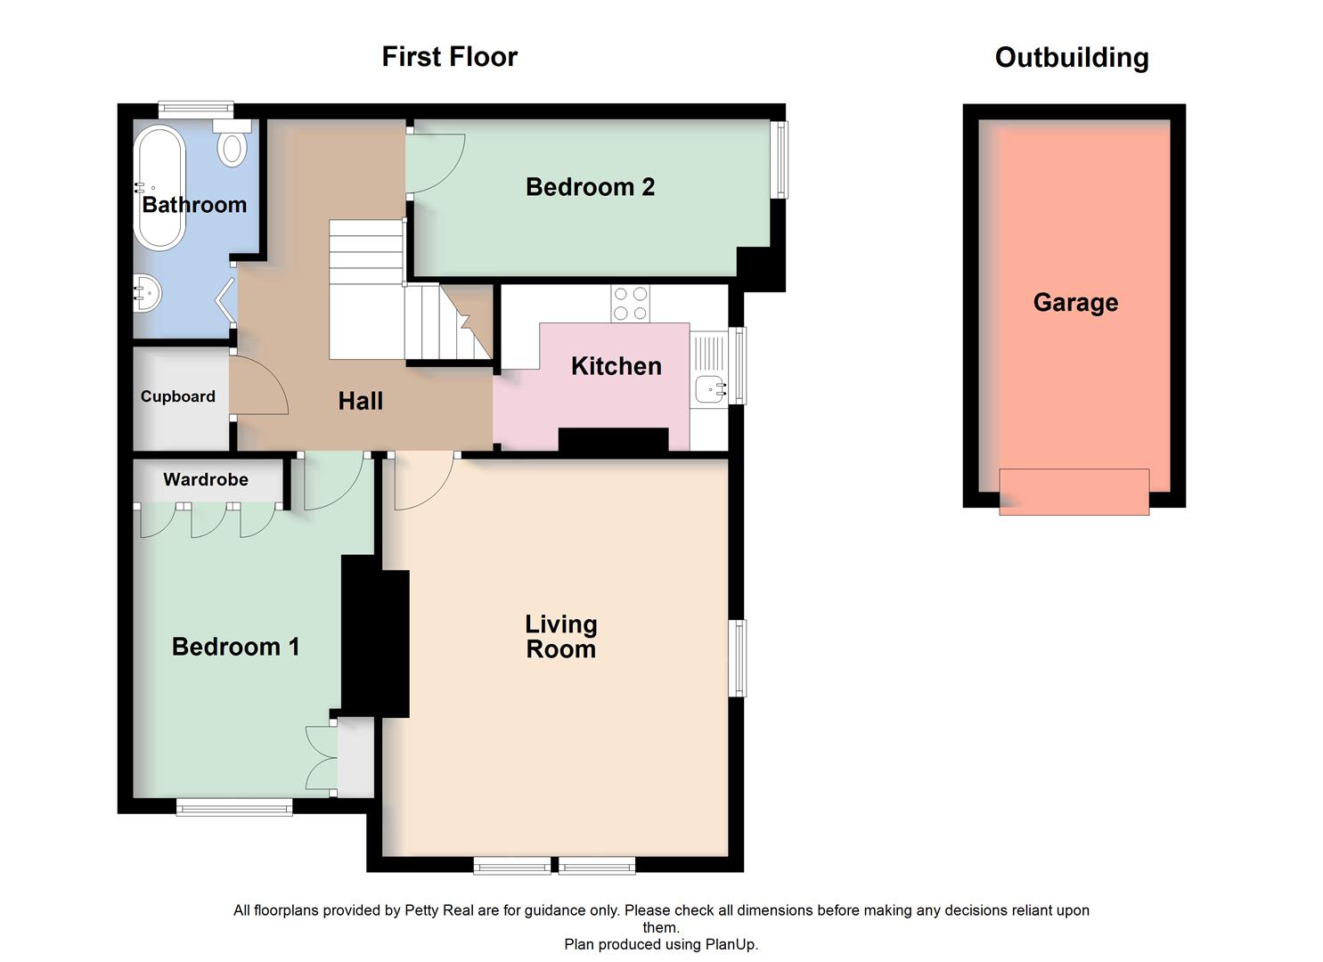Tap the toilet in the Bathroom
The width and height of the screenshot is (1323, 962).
(x=233, y=146)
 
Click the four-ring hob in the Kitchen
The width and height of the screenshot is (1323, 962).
(x=630, y=303)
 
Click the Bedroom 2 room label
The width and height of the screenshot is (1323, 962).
(x=590, y=187)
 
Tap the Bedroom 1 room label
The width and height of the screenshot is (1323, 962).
(x=235, y=647)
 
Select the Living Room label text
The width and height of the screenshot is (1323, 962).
(x=560, y=637)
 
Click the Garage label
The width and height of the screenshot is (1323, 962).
(x=1074, y=303)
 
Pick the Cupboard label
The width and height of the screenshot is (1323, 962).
(x=178, y=397)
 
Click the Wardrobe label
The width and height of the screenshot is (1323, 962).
(x=206, y=480)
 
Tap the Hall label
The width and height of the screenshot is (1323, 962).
(x=360, y=402)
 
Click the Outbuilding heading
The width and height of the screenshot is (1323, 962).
(x=1071, y=58)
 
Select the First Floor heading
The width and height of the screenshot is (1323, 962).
(x=449, y=57)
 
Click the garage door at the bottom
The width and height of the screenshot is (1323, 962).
(x=1074, y=492)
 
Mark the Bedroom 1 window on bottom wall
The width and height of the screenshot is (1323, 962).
(x=234, y=807)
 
